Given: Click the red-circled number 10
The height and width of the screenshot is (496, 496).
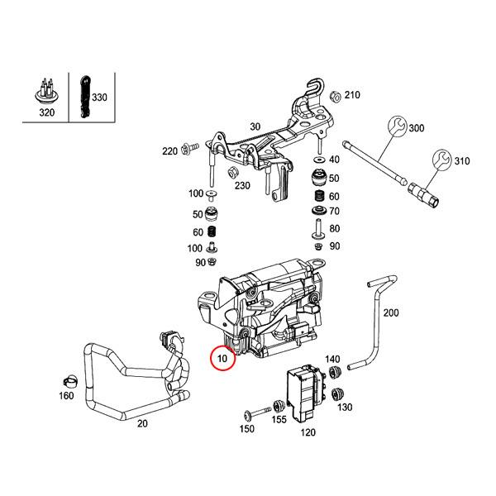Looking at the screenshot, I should (x=222, y=360).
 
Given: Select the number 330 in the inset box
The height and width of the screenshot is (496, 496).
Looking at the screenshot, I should (x=99, y=98).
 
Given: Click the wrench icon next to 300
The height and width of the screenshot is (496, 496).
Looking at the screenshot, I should (x=396, y=127).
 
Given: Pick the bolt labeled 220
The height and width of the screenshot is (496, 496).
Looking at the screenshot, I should (x=189, y=150).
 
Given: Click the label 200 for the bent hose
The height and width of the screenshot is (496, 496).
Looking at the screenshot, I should (x=391, y=312).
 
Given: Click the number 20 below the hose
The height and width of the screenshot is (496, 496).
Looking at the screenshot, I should (x=141, y=423).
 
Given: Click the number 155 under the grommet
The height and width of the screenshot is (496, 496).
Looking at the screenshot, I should (x=279, y=420).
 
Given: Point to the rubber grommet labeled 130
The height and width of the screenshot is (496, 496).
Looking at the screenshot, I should (x=335, y=394).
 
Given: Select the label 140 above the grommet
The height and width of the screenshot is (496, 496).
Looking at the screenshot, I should (x=332, y=359).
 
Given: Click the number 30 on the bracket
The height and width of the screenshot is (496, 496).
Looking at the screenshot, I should (x=255, y=126).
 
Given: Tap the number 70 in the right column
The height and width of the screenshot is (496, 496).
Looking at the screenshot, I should (x=334, y=211).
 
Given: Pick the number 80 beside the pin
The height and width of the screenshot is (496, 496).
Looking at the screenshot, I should (x=334, y=228).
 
